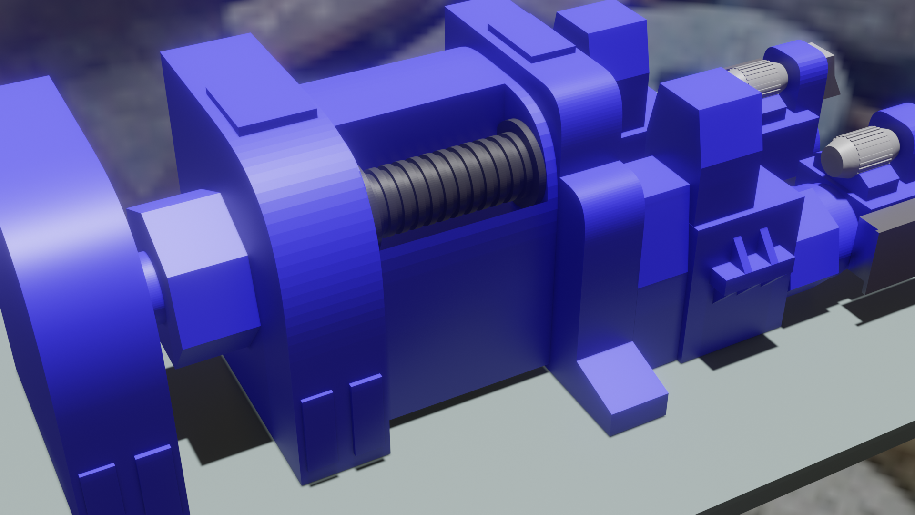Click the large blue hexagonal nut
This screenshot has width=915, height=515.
click(200, 272)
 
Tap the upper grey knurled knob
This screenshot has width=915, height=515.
click(758, 79)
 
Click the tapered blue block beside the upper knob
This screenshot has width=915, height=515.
click(710, 124)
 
